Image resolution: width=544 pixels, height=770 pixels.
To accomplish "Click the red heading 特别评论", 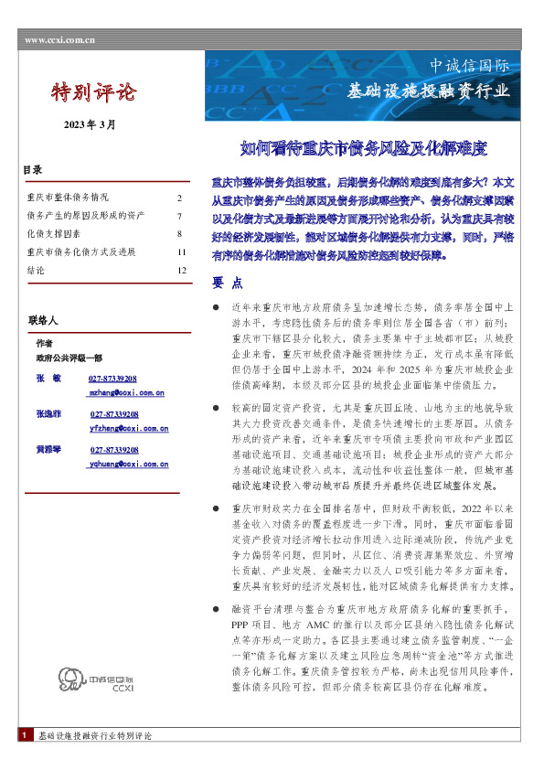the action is click(93, 92).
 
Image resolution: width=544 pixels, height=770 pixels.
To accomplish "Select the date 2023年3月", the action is click(90, 124).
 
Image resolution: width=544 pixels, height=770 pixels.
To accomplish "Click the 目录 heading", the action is click(33, 170).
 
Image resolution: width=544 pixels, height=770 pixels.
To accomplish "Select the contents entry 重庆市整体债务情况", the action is click(69, 198).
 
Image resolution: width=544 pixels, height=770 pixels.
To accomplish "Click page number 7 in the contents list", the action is click(180, 216).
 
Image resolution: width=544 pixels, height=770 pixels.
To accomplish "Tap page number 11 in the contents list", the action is click(182, 251).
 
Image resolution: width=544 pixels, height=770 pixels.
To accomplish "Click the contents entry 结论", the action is click(37, 270).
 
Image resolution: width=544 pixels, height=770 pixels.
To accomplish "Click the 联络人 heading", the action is click(43, 321).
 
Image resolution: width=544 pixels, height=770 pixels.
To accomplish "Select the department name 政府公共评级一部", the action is click(69, 358).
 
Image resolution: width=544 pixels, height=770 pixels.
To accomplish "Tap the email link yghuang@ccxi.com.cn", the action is click(127, 464).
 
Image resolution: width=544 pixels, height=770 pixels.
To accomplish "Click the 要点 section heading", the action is click(227, 283).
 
